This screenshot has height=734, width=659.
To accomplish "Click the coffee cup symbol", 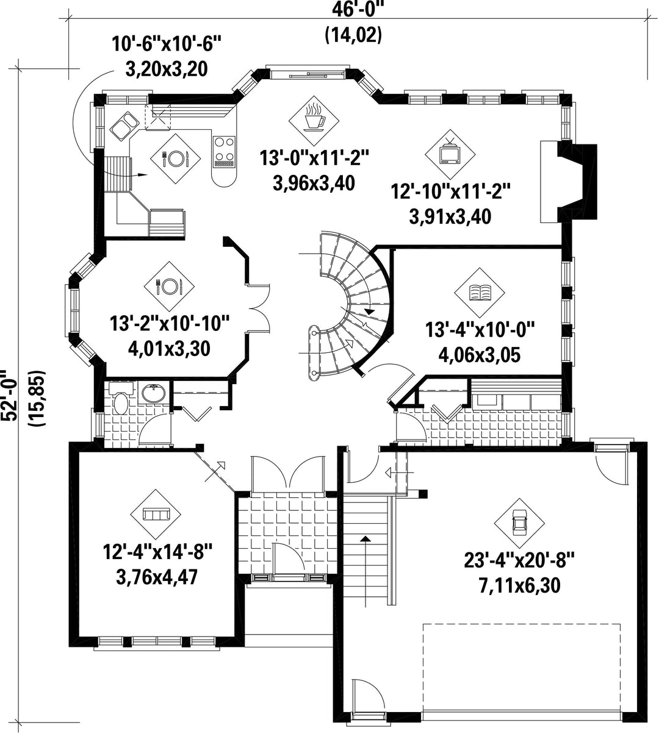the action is pyautogui.click(x=314, y=116).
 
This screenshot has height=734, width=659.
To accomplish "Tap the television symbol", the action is pyautogui.click(x=450, y=152).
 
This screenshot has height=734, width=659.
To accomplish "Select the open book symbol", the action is pyautogui.click(x=480, y=293).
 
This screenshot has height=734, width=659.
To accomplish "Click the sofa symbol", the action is pyautogui.click(x=156, y=514).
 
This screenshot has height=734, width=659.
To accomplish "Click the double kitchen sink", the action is pyautogui.click(x=124, y=126).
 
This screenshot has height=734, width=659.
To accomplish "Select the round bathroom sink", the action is pyautogui.click(x=153, y=393).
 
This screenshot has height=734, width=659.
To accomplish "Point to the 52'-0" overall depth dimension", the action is pyautogui.click(x=9, y=395).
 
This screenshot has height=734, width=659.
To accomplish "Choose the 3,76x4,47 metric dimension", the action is pyautogui.click(x=157, y=577).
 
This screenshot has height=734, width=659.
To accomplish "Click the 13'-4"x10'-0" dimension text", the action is pyautogui.click(x=480, y=330).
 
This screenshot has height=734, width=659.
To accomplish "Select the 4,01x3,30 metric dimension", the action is pyautogui.click(x=169, y=349).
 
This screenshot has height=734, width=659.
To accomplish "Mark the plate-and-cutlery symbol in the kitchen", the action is pyautogui.click(x=176, y=159).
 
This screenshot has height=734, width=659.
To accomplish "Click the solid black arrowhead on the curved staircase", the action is pyautogui.click(x=370, y=311).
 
